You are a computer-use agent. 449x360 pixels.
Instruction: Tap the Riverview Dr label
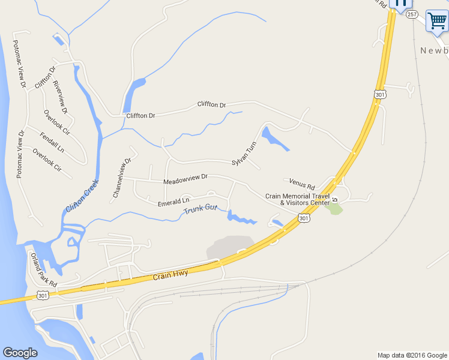click(60, 97)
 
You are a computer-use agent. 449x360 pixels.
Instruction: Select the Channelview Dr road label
click(121, 178)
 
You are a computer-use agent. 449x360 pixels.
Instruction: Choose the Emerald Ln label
click(173, 202)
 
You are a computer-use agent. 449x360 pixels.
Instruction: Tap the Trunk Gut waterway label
click(200, 211)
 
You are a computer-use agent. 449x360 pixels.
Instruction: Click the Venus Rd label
click(301, 185)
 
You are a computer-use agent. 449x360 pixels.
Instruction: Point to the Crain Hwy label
click(170, 275)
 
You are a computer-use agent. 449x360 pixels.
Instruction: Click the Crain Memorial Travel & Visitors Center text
click(298, 199)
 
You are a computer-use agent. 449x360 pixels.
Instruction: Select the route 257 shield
click(411, 14)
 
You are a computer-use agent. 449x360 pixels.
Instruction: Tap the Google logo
click(20, 353)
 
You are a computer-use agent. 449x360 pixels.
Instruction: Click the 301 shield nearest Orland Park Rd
click(42, 296)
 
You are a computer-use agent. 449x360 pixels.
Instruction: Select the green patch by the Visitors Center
click(335, 209)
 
